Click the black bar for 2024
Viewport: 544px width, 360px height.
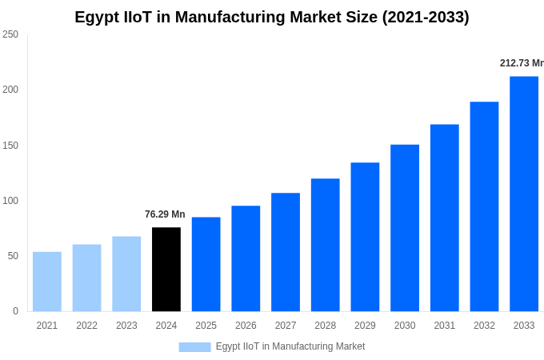(x=166, y=270)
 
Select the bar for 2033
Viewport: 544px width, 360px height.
(x=524, y=194)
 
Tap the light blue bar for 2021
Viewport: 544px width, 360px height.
(x=47, y=282)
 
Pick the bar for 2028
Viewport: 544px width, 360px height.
(x=325, y=245)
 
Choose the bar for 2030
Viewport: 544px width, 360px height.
(x=405, y=228)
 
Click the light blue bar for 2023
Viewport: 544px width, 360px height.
(x=126, y=274)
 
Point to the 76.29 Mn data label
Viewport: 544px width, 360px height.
(x=165, y=214)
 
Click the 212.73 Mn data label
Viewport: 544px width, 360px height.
(x=521, y=63)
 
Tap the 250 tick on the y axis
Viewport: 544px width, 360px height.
(x=10, y=34)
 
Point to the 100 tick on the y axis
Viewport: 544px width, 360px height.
(x=10, y=201)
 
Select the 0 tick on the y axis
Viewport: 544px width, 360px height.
(x=15, y=311)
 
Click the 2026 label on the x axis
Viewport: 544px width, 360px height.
(x=246, y=326)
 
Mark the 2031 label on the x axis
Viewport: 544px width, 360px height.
(x=444, y=326)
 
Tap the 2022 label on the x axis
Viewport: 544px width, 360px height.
(x=86, y=326)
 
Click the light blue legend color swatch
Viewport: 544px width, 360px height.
(x=194, y=347)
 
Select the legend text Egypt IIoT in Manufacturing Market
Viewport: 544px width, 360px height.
(x=290, y=346)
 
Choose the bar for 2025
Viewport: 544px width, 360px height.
(x=206, y=264)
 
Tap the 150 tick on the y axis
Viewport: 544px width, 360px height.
(x=10, y=146)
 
